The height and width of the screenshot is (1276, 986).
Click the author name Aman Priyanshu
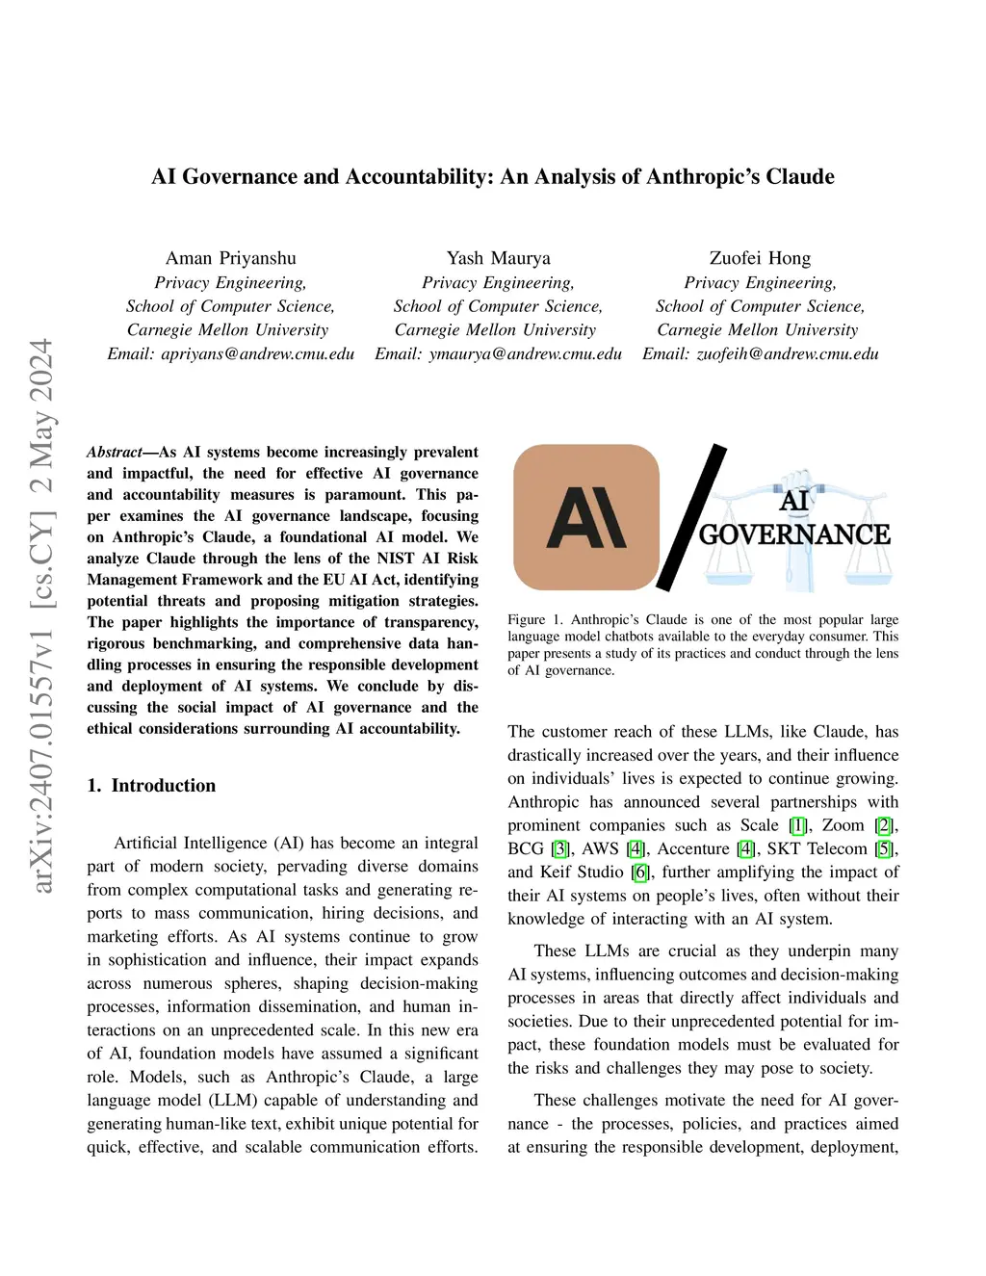point(231,258)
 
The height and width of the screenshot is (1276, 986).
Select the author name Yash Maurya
point(499,258)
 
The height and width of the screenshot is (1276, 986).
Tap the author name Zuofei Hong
point(760,258)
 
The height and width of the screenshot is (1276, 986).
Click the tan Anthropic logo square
point(586,517)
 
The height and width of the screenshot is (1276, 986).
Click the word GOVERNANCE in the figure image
point(794,534)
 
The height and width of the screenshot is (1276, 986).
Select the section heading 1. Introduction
point(151,786)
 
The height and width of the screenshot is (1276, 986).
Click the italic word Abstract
point(115,453)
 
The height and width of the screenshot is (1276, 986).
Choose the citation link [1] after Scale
point(798,825)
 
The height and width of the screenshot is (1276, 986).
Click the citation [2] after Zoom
point(884,825)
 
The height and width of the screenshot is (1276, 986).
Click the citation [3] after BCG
point(560,848)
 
